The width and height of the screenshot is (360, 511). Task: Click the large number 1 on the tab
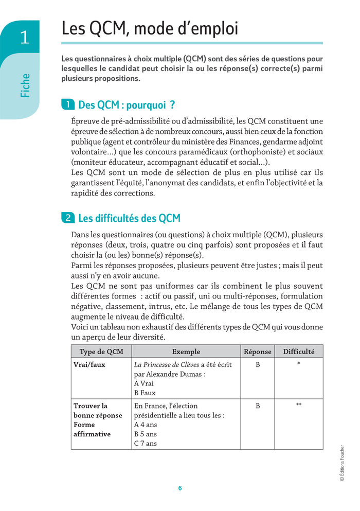24,38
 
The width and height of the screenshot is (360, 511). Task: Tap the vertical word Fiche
25,85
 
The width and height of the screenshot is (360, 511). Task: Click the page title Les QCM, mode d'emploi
150,28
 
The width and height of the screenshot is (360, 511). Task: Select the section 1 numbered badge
67,105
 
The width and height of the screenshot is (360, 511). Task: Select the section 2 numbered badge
67,218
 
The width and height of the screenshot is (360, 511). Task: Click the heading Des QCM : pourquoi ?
127,105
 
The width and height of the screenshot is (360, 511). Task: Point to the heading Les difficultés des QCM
129,218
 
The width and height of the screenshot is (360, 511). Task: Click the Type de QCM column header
101,351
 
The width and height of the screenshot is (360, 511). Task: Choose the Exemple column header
186,351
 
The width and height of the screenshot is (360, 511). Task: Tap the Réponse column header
257,351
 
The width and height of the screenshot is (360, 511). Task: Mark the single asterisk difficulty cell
298,364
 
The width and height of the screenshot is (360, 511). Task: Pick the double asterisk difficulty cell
298,406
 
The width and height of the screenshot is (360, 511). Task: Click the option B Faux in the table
145,393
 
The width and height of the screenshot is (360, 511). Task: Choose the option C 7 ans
146,443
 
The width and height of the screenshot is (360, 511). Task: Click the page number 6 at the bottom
180,488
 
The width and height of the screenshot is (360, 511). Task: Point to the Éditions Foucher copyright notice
342,463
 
